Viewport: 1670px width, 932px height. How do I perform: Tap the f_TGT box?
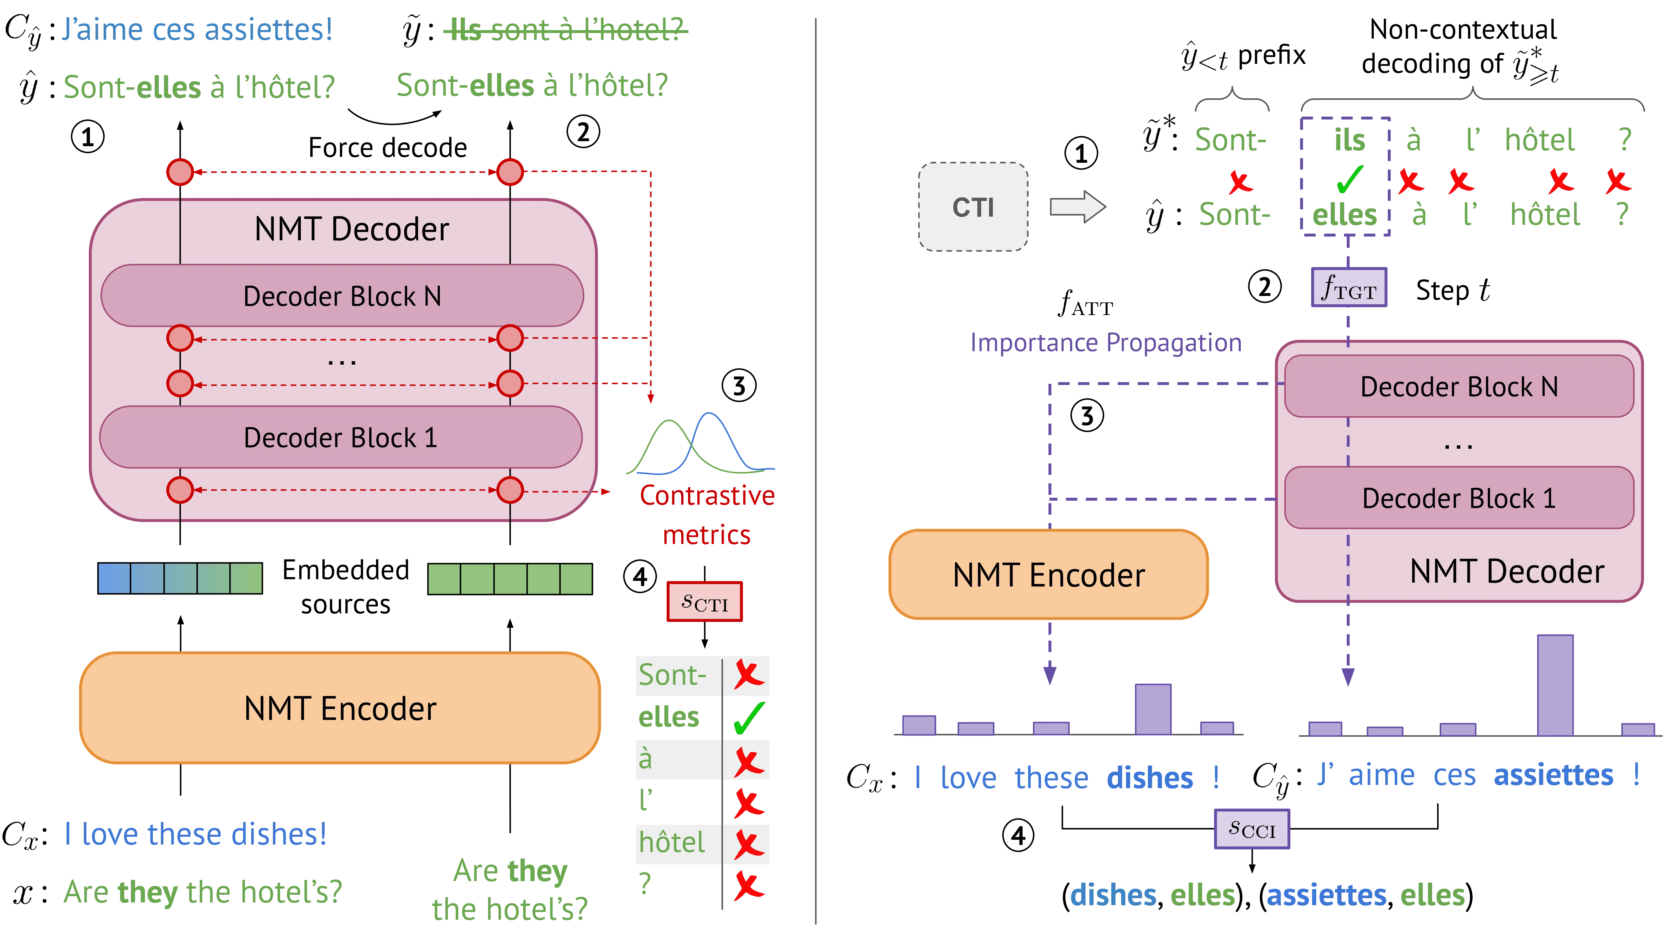point(1348,287)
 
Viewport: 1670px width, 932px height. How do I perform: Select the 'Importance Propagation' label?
point(1106,342)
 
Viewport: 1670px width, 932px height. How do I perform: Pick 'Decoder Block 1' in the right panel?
point(1459,498)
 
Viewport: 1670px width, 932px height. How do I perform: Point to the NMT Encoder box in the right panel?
point(1048,575)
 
